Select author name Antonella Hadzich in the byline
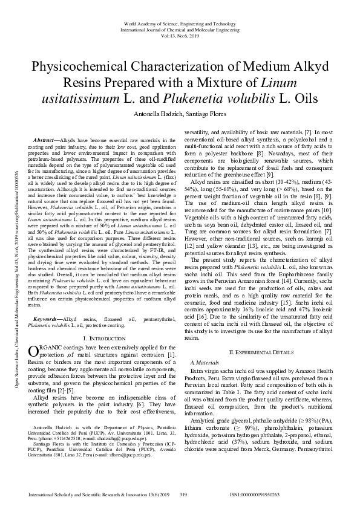154,113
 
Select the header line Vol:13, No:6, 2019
180,35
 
